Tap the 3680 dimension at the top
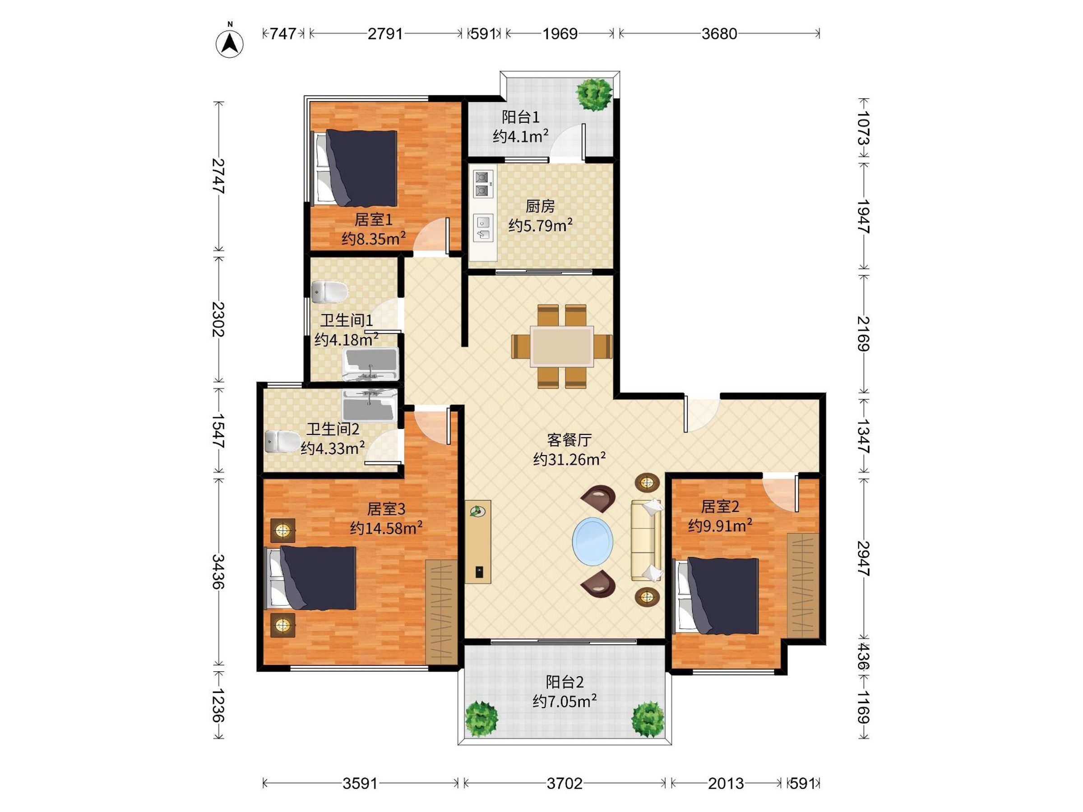[x=719, y=34]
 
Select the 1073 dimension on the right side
[x=863, y=128]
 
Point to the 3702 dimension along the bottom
[x=565, y=784]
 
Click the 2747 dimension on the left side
[x=218, y=177]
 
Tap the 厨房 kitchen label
[x=540, y=206]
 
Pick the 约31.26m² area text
[x=569, y=459]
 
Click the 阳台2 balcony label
[x=565, y=682]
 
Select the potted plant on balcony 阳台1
[x=594, y=93]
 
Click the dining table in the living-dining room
[x=562, y=346]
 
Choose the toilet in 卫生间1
[x=329, y=292]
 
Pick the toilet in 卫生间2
[x=283, y=441]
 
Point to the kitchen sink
[x=483, y=228]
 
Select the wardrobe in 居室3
[x=441, y=612]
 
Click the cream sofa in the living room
[x=647, y=540]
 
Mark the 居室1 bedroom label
[x=374, y=219]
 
